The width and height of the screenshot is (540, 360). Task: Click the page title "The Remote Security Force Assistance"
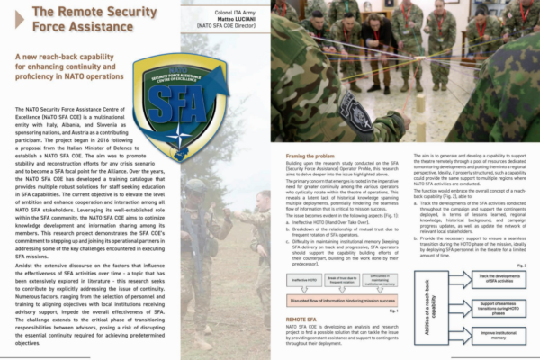(85, 19)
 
